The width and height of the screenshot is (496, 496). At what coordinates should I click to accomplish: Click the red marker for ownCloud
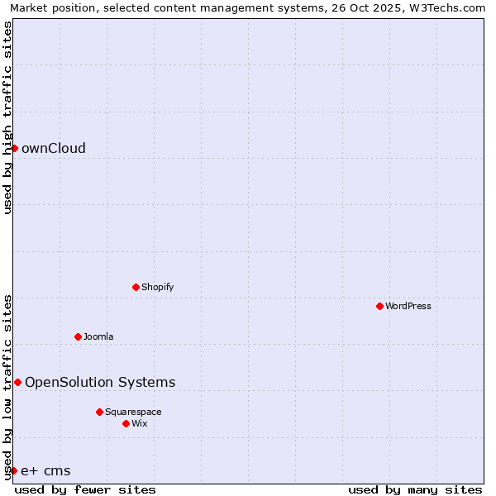coord(14,148)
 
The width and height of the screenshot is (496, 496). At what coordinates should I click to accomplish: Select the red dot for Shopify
coord(136,287)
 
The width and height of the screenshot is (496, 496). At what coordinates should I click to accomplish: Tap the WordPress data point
coord(379,306)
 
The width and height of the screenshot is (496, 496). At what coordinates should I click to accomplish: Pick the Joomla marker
coord(78,336)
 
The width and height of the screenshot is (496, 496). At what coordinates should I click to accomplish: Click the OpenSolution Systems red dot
coord(17,382)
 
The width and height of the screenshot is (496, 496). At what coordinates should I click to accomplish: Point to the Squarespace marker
coord(99,412)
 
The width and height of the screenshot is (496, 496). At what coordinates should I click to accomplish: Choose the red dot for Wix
coord(126,423)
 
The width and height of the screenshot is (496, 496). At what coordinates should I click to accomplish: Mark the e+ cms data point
coord(13,470)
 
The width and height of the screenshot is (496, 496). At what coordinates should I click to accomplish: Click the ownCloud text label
coord(54,149)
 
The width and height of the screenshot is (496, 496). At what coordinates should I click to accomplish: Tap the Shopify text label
coord(157,288)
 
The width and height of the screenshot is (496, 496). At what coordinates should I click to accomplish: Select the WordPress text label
coord(408,307)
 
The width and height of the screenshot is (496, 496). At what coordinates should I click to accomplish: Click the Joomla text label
coord(98,337)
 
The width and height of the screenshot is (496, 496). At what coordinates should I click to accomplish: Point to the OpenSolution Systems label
coord(100,383)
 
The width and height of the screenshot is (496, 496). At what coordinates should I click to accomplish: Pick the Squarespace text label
coord(133,413)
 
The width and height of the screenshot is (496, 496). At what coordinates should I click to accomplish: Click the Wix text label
coord(139,424)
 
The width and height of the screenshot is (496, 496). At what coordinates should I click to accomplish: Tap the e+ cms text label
coord(45,471)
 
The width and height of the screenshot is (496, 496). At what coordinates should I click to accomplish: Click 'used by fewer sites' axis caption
coord(85,489)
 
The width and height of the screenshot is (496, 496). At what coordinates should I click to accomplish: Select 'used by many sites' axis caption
coord(415,489)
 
